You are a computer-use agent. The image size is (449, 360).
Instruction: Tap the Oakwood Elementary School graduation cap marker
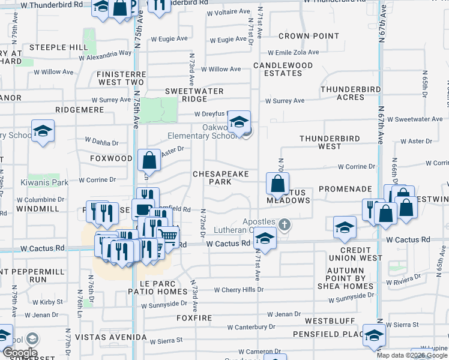(x=239, y=122)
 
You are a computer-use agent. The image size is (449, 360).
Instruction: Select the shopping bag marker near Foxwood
(x=149, y=161)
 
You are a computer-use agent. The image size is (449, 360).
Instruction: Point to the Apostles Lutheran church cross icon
(x=285, y=225)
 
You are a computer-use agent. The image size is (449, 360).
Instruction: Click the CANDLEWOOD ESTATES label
(x=283, y=69)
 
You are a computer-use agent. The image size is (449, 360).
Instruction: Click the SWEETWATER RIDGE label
(x=194, y=95)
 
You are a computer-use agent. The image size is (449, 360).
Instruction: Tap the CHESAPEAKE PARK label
(x=220, y=177)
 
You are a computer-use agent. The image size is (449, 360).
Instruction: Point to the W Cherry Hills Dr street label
(x=234, y=290)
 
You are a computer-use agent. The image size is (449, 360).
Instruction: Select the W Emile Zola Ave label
(x=298, y=53)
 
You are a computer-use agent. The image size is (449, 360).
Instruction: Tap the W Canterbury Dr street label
(x=251, y=327)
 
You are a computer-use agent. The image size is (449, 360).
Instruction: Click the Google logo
(x=20, y=353)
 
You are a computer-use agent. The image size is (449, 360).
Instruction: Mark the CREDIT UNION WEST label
(x=361, y=254)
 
